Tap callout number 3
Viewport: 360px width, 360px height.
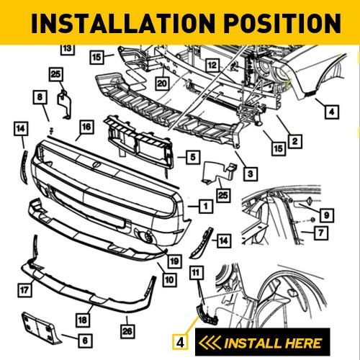tap(248, 174)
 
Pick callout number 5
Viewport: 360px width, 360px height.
tap(192, 156)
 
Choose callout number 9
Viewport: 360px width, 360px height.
tap(325, 214)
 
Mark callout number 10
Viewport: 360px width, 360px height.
tap(168, 278)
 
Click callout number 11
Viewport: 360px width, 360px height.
tap(196, 271)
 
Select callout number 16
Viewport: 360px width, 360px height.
tap(86, 127)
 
